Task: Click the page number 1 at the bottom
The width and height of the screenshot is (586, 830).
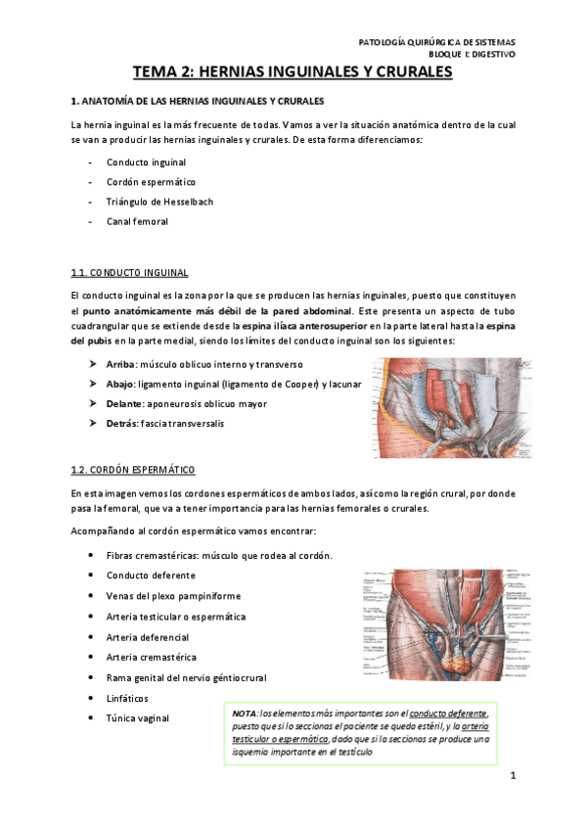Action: [513, 777]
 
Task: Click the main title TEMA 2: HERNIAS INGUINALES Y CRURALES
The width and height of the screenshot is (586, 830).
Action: [293, 72]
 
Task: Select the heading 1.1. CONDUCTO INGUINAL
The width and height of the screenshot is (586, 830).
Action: [129, 271]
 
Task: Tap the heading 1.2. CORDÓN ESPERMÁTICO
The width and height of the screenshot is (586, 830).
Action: [134, 470]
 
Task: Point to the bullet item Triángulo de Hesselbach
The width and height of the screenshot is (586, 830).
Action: [159, 202]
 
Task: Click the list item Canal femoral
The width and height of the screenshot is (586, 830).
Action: [137, 221]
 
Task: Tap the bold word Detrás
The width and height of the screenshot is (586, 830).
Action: [121, 422]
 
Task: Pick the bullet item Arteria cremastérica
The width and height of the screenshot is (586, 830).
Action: [151, 657]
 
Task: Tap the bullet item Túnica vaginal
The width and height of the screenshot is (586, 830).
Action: [137, 718]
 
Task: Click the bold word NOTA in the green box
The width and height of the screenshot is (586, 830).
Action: [245, 714]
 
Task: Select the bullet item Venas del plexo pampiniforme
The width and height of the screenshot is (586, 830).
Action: [173, 596]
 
